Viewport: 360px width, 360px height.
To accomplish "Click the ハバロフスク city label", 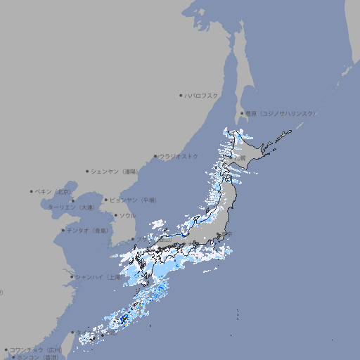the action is point(201,95).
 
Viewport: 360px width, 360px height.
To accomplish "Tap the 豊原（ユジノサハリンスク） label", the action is point(280,113).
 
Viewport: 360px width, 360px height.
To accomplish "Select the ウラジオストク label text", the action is point(179,156).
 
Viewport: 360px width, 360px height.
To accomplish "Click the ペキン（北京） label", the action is point(53,191).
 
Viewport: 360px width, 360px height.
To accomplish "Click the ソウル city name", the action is point(127,215).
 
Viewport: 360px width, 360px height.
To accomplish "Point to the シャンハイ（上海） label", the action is point(98,277).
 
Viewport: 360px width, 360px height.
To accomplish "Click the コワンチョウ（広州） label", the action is point(36,349).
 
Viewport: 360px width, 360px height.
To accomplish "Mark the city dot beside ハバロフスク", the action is point(181,95).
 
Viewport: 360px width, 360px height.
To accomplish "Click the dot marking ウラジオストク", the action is point(155,156).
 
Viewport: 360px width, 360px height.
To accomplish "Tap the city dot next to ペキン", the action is point(32,191).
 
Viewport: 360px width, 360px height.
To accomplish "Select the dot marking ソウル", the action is point(115,215).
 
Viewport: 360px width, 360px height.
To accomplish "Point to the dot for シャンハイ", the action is point(71,277).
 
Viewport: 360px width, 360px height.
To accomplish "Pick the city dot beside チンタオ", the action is point(63,230).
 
